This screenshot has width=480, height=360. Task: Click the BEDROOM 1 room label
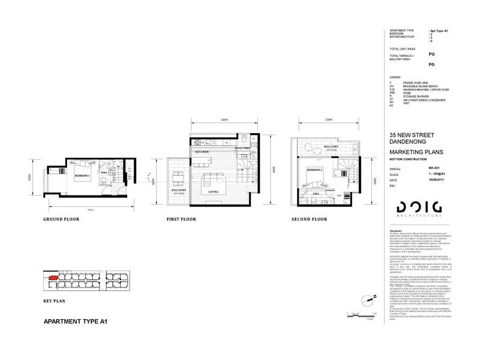tap(82, 176)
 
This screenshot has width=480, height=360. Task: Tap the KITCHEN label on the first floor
tap(202, 152)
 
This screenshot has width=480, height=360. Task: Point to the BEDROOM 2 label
tap(316, 170)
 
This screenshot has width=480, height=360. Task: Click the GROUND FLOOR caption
tap(61, 220)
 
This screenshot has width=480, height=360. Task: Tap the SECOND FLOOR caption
tap(310, 220)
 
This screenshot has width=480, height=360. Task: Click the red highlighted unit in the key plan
tap(53, 278)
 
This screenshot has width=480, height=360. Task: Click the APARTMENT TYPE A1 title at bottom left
tap(76, 322)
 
